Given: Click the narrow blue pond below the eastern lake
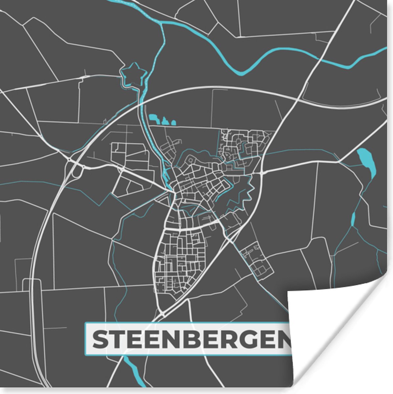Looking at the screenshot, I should point(353,218).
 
